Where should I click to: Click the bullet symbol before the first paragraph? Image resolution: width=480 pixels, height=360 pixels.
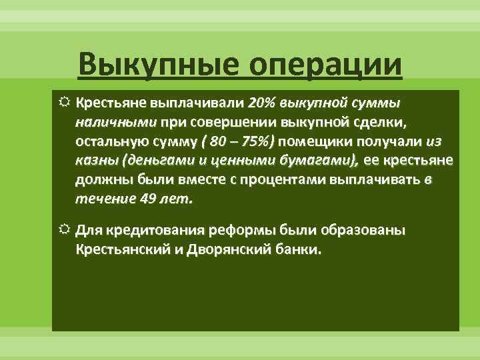(63, 103)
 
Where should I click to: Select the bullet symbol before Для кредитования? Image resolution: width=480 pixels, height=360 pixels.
(63, 231)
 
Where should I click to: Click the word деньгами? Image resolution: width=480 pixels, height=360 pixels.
(155, 161)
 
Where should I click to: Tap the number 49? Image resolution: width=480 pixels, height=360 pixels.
(149, 199)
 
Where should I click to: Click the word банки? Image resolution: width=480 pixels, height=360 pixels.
(300, 250)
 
